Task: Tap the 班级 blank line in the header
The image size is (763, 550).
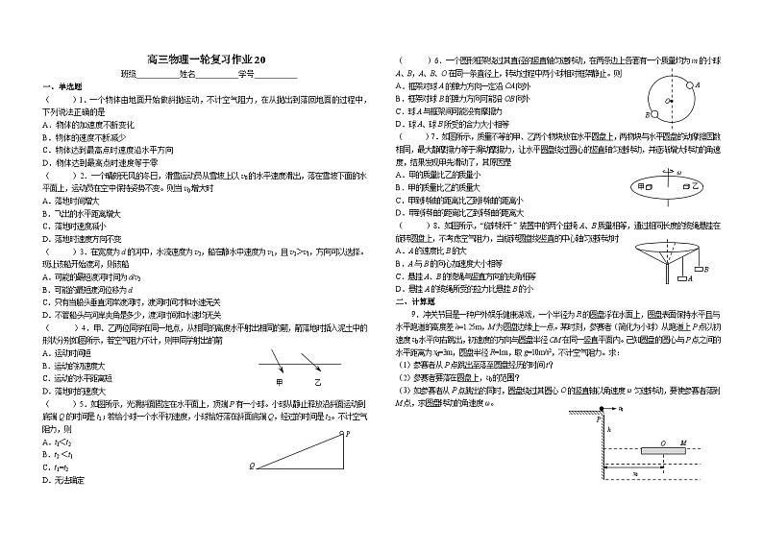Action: point(158,74)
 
